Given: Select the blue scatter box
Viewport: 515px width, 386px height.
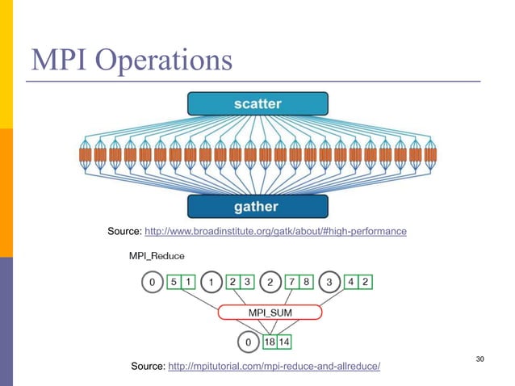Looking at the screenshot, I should (257, 104).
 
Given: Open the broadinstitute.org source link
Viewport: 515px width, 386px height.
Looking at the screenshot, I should (274, 232).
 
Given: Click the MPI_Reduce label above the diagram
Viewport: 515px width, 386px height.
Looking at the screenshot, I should (157, 256).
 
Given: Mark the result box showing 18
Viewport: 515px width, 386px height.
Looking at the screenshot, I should (270, 342).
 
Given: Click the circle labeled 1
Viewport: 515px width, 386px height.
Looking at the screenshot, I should (211, 282).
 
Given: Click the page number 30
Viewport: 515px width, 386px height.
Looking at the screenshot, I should (481, 358).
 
